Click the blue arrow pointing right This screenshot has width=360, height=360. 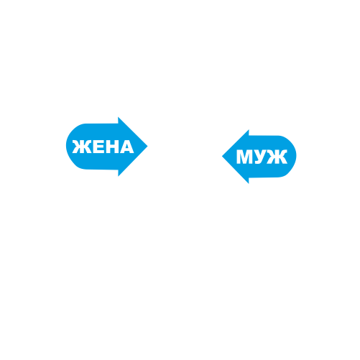point(106,147)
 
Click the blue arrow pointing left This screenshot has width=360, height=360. point(259,157)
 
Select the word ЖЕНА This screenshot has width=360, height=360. point(103,147)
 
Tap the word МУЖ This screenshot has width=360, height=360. point(262,157)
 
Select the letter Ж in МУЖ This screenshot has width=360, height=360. point(278,157)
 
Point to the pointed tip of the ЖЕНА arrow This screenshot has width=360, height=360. point(147,147)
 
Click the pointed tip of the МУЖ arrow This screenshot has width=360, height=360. point(223,156)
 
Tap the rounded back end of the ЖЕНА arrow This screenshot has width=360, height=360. point(67,146)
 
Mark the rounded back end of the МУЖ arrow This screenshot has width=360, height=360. point(296,156)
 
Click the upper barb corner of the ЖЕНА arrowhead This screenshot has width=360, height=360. point(119,117)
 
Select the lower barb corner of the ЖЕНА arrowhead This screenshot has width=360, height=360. point(119,176)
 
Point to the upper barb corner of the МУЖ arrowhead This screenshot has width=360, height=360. point(249,130)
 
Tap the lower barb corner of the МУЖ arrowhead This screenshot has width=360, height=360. point(249,183)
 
